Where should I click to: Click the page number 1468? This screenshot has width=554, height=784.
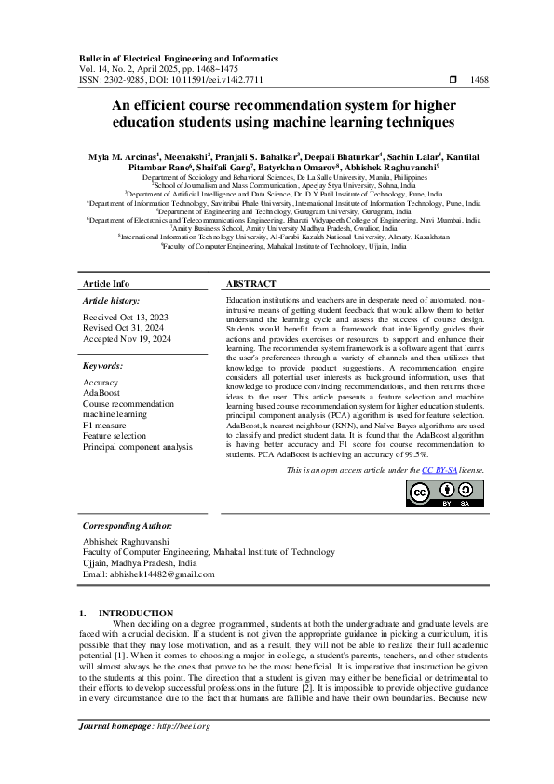pyautogui.click(x=480, y=81)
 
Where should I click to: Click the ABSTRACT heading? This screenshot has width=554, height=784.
pyautogui.click(x=250, y=283)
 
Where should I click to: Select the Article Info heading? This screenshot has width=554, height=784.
pyautogui.click(x=106, y=283)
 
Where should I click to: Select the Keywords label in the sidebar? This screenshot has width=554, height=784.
pyautogui.click(x=104, y=367)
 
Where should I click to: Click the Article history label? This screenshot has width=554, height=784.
pyautogui.click(x=112, y=301)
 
